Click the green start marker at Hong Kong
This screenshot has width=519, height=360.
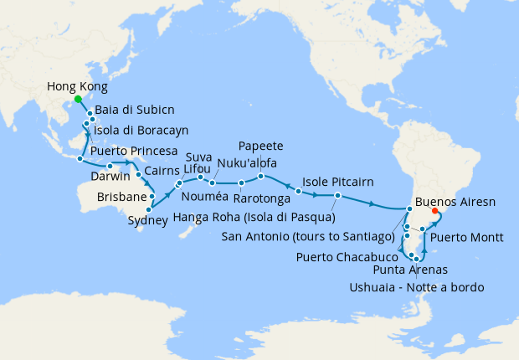[x=79, y=99]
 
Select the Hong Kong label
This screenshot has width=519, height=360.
[x=78, y=86]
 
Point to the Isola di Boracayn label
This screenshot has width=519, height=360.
[x=141, y=130]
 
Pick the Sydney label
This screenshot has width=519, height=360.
[x=151, y=221]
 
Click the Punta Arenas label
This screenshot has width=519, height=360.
[x=410, y=270]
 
